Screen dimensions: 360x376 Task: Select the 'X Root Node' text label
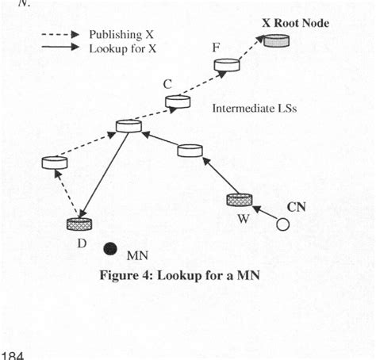[x=295, y=23]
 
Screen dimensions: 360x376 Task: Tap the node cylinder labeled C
[x=177, y=101]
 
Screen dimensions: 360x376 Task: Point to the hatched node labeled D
[x=79, y=224]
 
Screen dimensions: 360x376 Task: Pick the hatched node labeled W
[x=238, y=201]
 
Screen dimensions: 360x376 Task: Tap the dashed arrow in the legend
[x=60, y=35]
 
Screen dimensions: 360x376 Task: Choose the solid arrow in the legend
[x=60, y=48]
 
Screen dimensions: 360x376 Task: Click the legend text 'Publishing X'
[x=121, y=35]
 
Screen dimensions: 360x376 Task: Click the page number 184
[x=13, y=354]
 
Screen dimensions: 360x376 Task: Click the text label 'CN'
[x=295, y=208]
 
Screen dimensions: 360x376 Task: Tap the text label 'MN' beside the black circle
[x=136, y=256]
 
